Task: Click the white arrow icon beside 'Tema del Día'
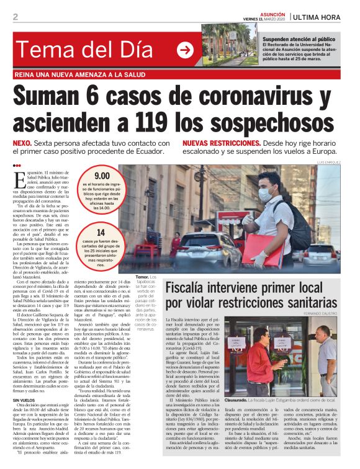tap(185, 51)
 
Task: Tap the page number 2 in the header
tap(16, 17)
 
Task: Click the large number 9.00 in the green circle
tap(102, 176)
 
